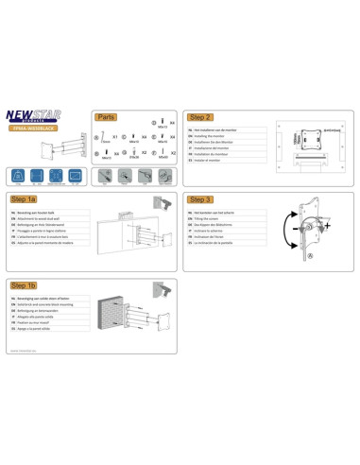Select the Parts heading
(x=105, y=117)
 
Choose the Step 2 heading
(x=201, y=117)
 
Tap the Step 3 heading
(x=201, y=200)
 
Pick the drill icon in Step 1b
(x=167, y=285)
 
